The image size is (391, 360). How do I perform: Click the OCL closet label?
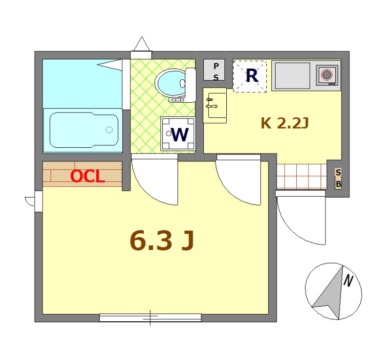click(x=87, y=176)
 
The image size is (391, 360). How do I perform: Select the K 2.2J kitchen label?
click(x=285, y=123)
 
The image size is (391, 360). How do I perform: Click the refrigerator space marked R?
click(x=250, y=76)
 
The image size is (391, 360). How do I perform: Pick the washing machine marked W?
click(x=178, y=134)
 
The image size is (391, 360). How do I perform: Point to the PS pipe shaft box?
click(x=214, y=70)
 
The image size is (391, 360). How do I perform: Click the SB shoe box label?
click(x=338, y=178)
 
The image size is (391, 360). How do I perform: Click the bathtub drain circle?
click(x=109, y=130)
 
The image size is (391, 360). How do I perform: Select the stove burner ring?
click(x=326, y=74)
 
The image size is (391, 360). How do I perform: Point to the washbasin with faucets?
click(x=215, y=105)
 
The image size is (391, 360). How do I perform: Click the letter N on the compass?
click(x=348, y=281)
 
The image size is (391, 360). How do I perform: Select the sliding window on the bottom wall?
click(x=151, y=317)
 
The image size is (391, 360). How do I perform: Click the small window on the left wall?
click(x=39, y=202)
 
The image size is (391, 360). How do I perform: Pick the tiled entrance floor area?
click(x=302, y=176)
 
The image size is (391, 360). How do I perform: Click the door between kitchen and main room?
click(x=239, y=180)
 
